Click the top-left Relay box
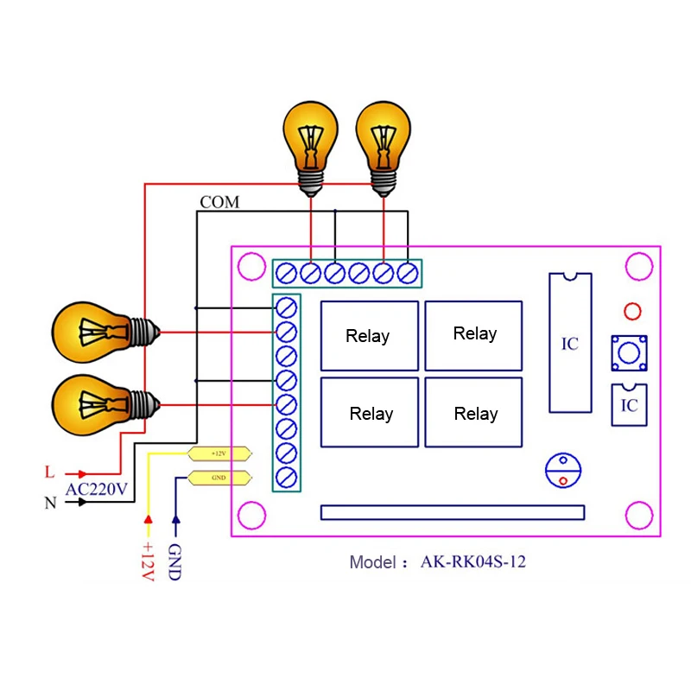(369, 335)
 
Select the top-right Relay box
(474, 334)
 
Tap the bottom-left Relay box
(369, 412)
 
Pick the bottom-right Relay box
(474, 412)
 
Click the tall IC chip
(570, 343)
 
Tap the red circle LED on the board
(631, 311)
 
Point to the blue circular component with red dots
(562, 471)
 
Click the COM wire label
(219, 202)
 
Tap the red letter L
(49, 472)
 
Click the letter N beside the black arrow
(49, 502)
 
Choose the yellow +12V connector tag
(219, 453)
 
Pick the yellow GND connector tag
(219, 478)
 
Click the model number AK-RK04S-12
(472, 561)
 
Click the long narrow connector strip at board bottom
(452, 512)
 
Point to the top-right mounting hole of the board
(639, 265)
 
